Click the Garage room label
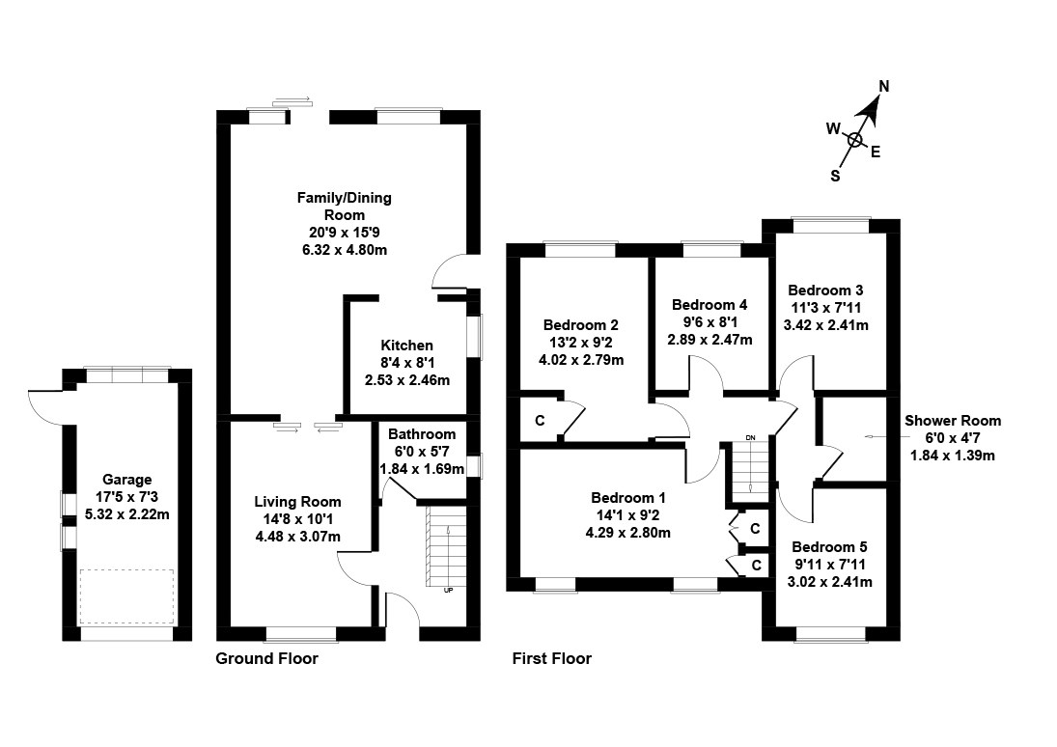pyautogui.click(x=127, y=480)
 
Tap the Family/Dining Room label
pyautogui.click(x=344, y=206)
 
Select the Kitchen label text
pyautogui.click(x=406, y=346)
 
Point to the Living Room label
pyautogui.click(x=297, y=502)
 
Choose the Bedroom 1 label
pyautogui.click(x=628, y=498)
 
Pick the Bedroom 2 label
pyautogui.click(x=580, y=325)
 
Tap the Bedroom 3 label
pyautogui.click(x=825, y=290)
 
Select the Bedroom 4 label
pyautogui.click(x=709, y=303)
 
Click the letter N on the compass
pyautogui.click(x=883, y=86)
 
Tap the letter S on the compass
pyautogui.click(x=835, y=176)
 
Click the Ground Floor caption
pyautogui.click(x=266, y=659)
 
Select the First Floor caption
pyautogui.click(x=552, y=659)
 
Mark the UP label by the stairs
pyautogui.click(x=448, y=591)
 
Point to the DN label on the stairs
pyautogui.click(x=749, y=439)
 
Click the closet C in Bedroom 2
pyautogui.click(x=539, y=421)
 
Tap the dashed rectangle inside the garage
pyautogui.click(x=126, y=597)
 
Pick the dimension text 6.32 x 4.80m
pyautogui.click(x=344, y=250)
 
